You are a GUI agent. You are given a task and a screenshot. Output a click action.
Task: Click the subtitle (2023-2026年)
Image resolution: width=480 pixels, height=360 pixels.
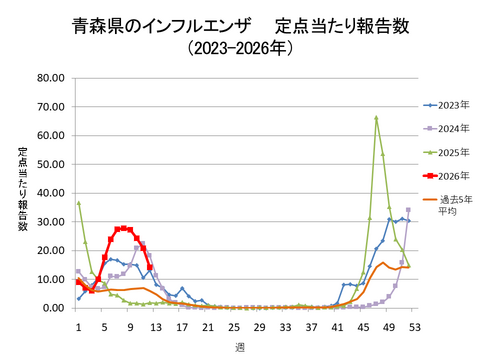pos(239,47)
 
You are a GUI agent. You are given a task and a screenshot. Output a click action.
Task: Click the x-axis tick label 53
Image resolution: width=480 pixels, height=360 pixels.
pos(414,325)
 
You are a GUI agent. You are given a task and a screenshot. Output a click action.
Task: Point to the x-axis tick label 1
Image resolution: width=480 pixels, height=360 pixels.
pos(78,325)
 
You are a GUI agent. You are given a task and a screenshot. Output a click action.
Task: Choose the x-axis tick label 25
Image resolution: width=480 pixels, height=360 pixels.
pos(233,325)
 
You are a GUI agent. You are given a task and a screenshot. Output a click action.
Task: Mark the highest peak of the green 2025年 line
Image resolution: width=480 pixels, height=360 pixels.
pos(375,118)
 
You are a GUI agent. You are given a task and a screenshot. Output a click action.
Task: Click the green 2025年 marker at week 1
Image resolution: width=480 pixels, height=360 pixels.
pos(79,203)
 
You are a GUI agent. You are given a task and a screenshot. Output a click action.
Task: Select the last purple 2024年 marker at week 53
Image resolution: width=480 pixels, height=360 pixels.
pos(408,210)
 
